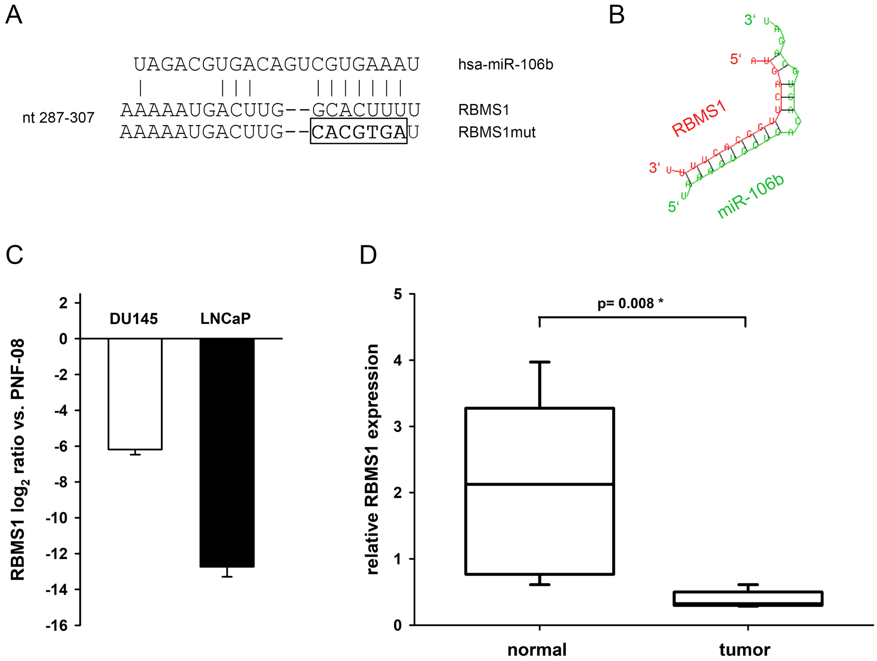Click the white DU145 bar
135,393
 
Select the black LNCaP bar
227,452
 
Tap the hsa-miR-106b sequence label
505,65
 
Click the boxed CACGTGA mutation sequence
358,131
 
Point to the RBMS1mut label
497,132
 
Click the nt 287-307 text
58,117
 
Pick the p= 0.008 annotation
630,303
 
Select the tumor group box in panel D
748,598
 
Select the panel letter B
616,16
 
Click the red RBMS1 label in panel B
699,118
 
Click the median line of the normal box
539,484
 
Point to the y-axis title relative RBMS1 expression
372,459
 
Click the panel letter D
368,255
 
